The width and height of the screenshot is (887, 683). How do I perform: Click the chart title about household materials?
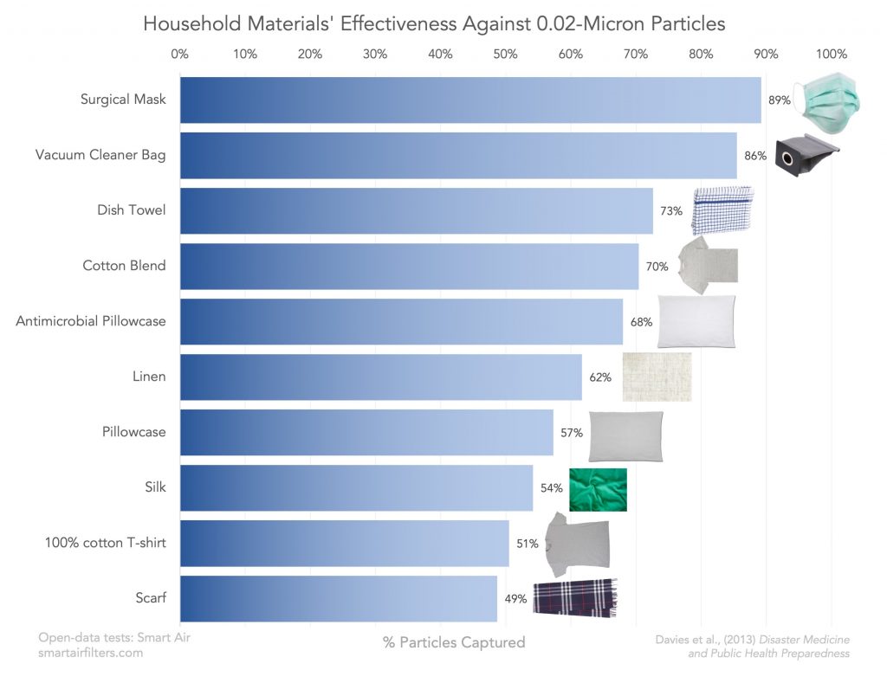point(434,23)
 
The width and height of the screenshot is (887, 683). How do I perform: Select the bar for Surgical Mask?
point(470,100)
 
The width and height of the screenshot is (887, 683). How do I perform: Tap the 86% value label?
point(755,156)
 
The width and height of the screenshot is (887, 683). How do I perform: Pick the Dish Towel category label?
point(131,210)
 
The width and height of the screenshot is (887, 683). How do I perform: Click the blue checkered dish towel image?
point(722,210)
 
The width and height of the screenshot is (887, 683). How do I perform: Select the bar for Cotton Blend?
point(409,267)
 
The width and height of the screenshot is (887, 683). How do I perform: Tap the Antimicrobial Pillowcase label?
point(91,321)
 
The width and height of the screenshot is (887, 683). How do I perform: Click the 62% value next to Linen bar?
point(600,377)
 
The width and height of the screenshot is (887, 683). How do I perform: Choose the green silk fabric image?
point(598,490)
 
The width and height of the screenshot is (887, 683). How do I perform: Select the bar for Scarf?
point(339,599)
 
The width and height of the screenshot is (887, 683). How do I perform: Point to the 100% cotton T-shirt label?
point(105,543)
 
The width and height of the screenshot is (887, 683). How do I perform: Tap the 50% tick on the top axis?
point(505,55)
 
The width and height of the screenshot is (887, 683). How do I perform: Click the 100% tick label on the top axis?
point(832,55)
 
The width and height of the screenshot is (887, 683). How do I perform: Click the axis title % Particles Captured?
point(454,642)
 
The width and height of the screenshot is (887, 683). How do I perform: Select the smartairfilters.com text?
point(91,654)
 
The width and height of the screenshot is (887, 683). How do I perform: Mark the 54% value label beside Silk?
point(552,488)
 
